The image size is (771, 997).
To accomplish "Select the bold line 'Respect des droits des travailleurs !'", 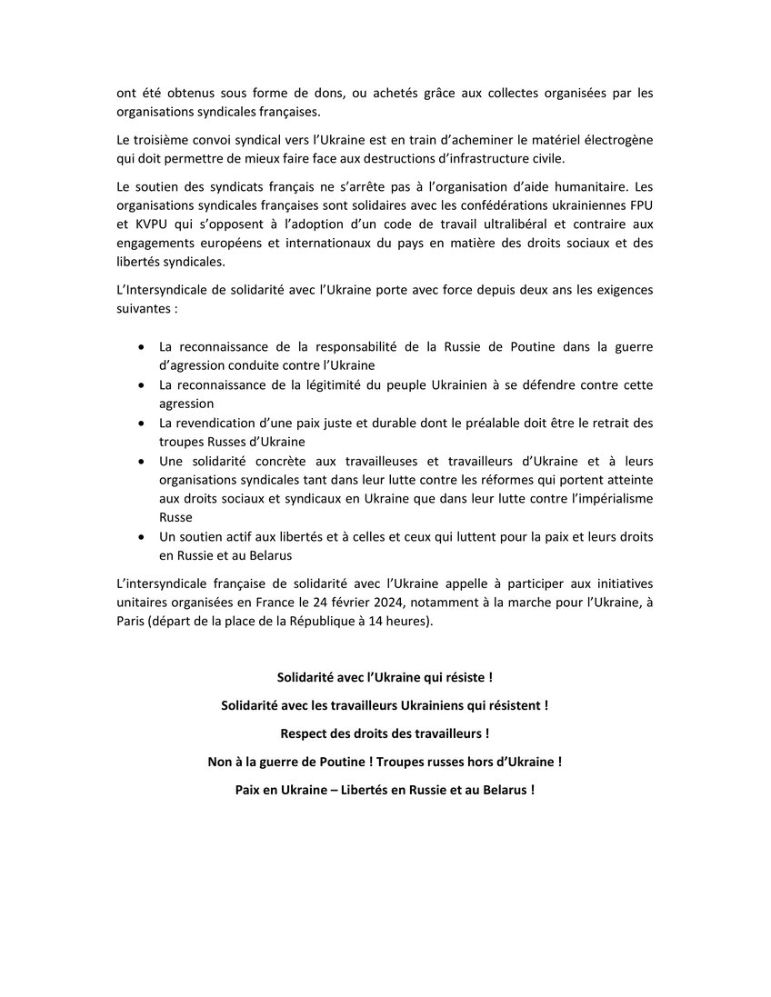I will (x=385, y=733).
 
